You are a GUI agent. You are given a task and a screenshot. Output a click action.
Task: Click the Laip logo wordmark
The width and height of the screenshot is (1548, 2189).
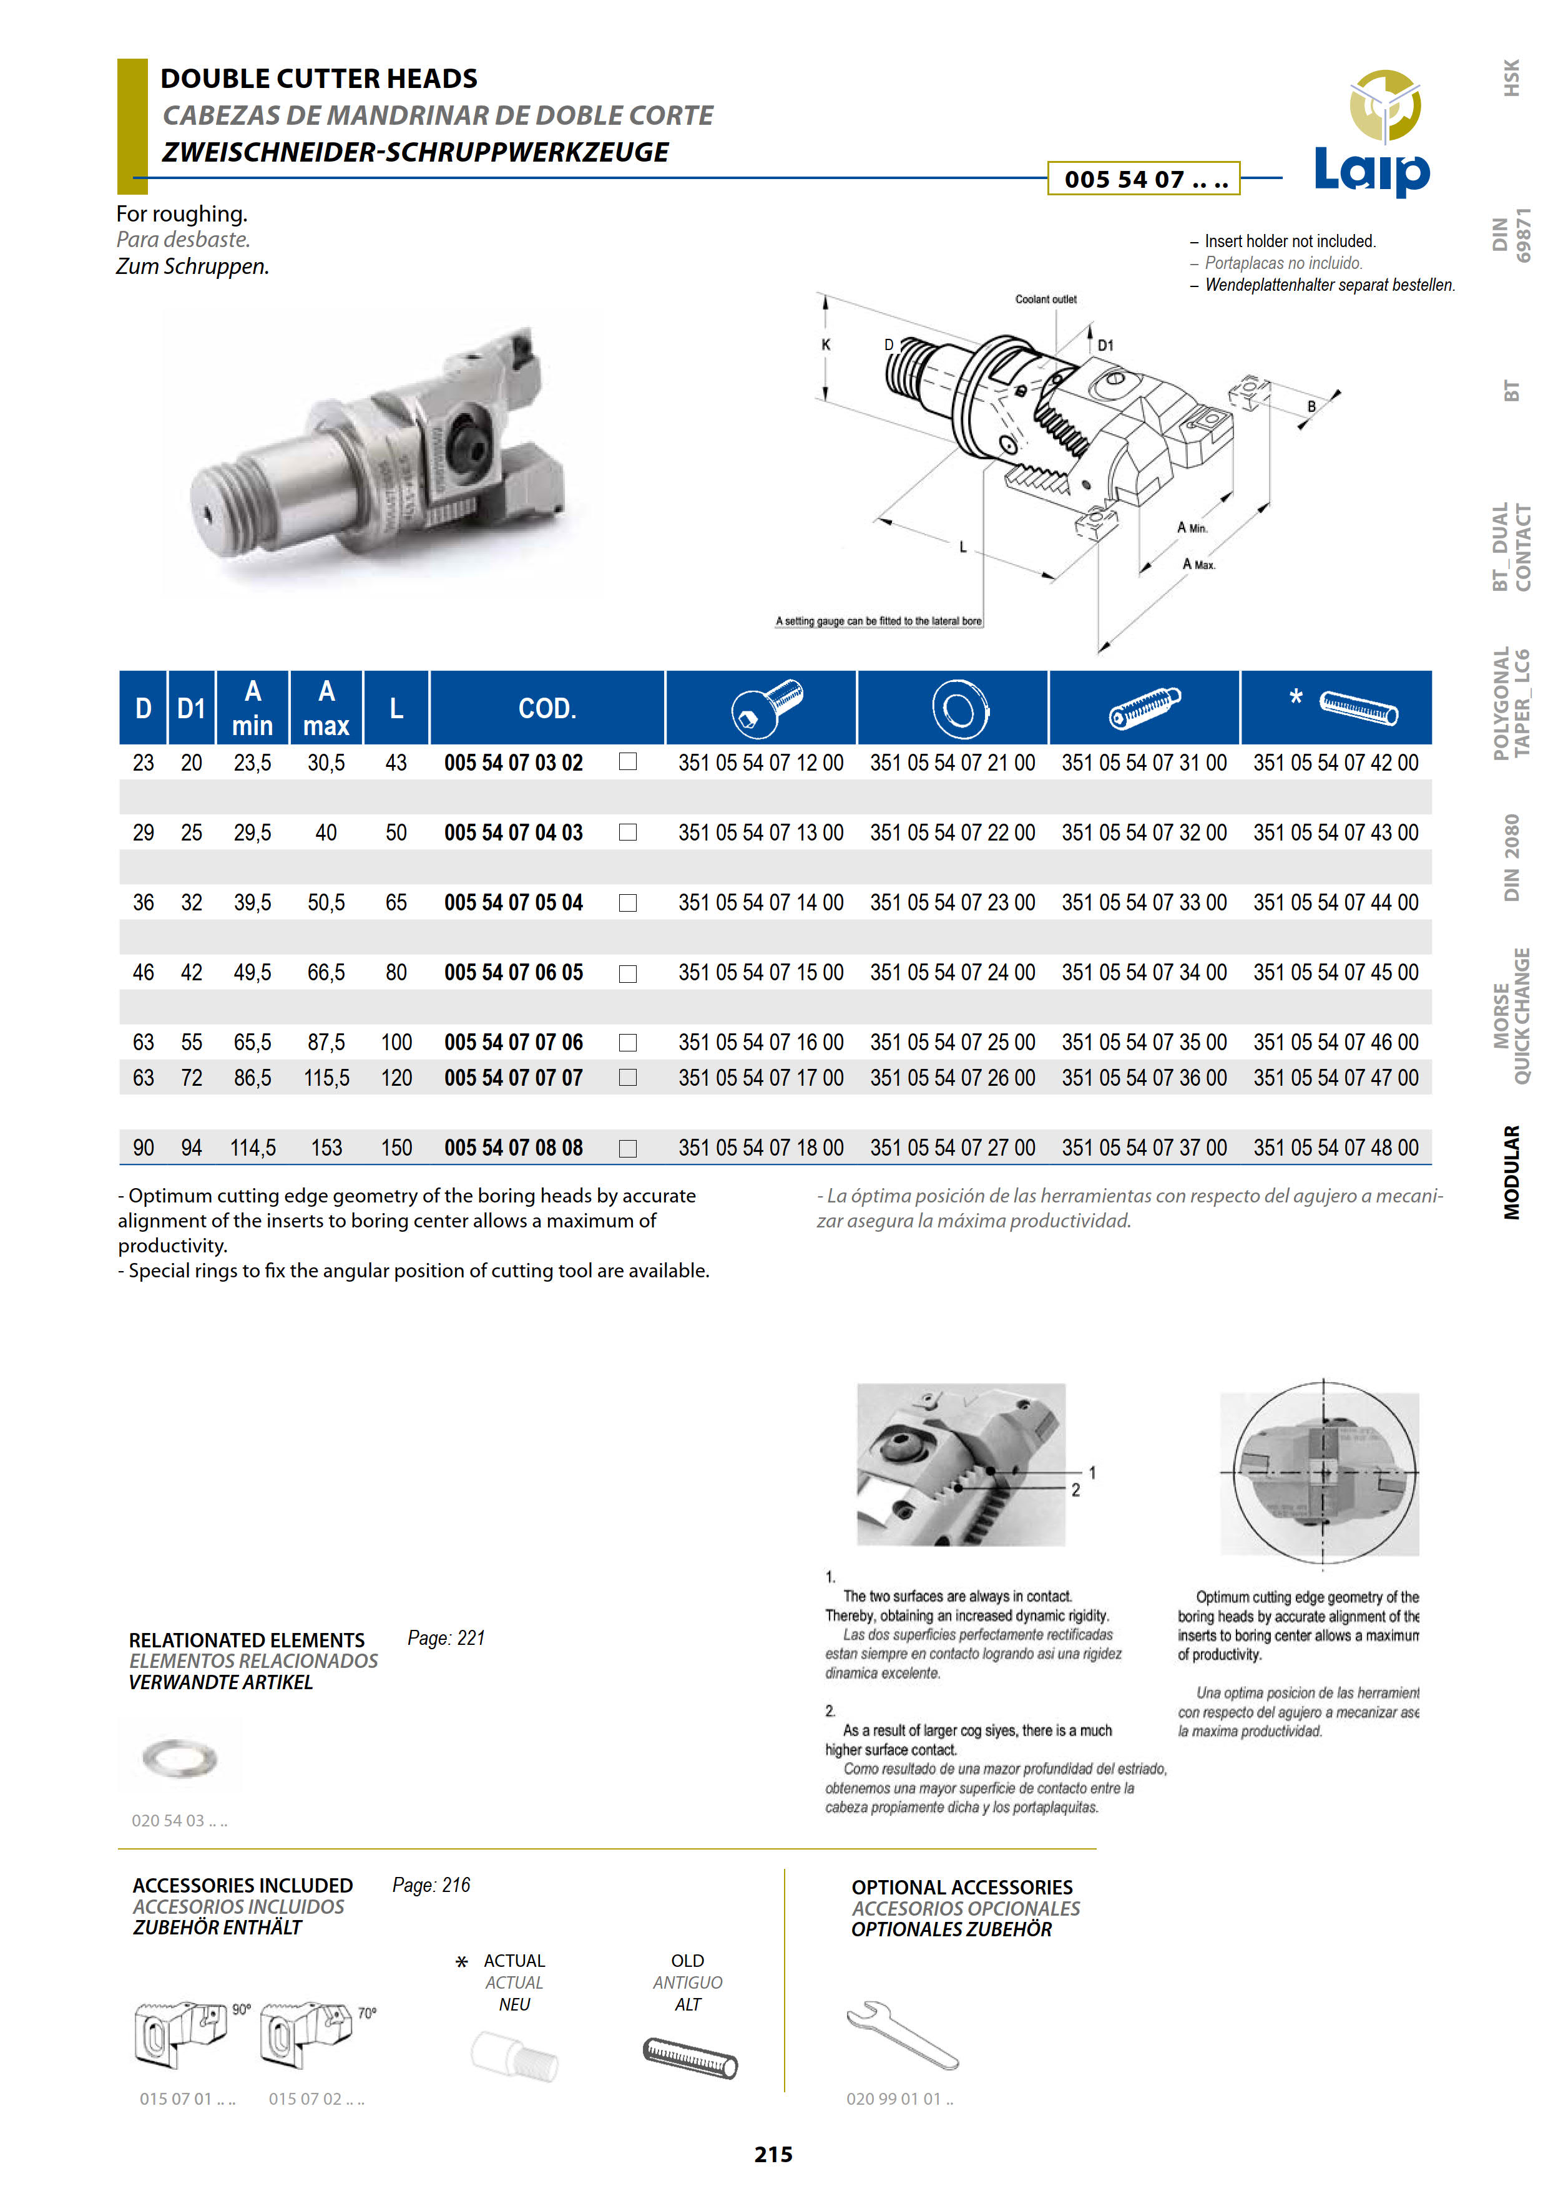click(x=1371, y=172)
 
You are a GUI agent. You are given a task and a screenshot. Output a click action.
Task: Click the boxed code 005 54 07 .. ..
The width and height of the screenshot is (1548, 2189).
click(x=1144, y=179)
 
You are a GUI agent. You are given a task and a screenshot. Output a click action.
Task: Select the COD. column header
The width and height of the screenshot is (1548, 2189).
click(x=547, y=708)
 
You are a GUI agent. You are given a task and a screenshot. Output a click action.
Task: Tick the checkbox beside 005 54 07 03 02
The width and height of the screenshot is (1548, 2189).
click(x=627, y=762)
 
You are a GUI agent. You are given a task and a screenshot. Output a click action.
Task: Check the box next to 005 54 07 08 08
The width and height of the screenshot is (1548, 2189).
click(x=627, y=1148)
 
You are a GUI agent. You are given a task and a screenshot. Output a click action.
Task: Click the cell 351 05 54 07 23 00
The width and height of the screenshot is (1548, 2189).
click(x=952, y=902)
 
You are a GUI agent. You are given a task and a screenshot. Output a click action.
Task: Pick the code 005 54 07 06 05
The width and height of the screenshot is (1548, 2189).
click(x=513, y=972)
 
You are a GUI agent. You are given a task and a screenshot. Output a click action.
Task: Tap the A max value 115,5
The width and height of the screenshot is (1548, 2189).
click(x=326, y=1077)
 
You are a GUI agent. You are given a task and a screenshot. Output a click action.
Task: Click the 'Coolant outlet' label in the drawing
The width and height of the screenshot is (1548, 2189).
click(x=1046, y=300)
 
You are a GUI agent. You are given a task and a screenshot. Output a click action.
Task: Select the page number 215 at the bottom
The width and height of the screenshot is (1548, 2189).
click(x=773, y=2153)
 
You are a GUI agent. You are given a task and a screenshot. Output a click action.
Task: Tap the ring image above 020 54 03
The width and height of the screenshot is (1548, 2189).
click(x=179, y=1757)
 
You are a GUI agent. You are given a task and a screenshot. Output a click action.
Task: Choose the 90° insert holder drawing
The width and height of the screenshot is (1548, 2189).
click(x=181, y=2032)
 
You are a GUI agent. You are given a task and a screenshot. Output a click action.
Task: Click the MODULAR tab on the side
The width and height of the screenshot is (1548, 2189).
click(x=1512, y=1172)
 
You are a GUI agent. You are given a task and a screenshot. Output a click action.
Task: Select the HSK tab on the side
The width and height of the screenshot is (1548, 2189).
click(x=1512, y=78)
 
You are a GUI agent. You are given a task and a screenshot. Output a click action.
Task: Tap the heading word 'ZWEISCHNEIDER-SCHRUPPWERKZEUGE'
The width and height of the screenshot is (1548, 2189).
click(x=415, y=152)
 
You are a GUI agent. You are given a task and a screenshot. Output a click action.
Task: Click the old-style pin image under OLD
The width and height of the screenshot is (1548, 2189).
click(x=690, y=2057)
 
